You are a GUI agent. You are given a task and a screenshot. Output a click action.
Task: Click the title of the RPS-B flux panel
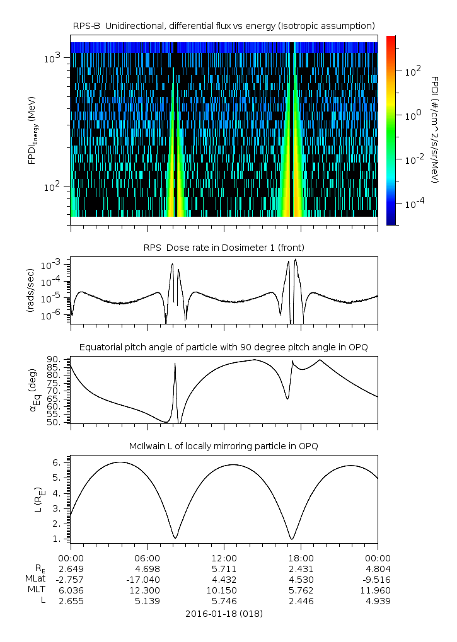tap(224, 25)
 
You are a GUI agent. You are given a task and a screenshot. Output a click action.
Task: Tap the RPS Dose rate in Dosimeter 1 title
tap(224, 246)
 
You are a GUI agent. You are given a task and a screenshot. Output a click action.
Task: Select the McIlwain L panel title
tap(224, 446)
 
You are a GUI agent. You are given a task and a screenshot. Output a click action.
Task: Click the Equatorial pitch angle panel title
tap(224, 347)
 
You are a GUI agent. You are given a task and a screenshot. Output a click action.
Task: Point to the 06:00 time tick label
tap(148, 558)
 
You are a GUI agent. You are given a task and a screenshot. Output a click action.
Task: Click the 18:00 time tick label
tap(301, 558)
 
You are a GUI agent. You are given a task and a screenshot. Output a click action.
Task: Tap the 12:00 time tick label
tap(224, 558)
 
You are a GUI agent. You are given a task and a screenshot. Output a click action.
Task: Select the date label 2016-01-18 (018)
tap(224, 613)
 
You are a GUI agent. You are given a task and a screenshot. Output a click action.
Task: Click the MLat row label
tap(37, 579)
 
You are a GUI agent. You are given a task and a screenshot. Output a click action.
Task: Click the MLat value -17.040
tap(146, 579)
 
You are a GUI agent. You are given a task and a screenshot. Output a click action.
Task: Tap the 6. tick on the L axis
tap(56, 462)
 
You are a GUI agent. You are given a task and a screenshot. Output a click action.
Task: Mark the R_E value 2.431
tap(301, 568)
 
